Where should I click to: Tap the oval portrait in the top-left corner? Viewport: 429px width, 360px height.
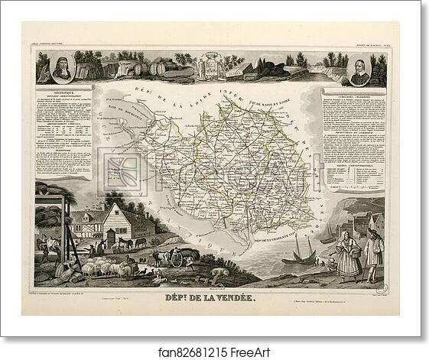click(62, 70)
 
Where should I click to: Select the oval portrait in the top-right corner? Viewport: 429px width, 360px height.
click(361, 70)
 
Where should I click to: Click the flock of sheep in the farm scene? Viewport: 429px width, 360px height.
click(104, 267)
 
